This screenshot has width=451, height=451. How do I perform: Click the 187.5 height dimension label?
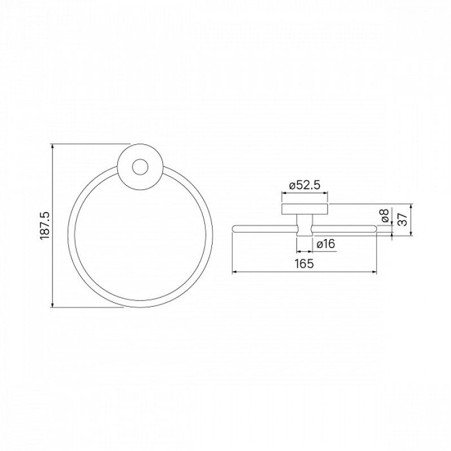click(x=45, y=225)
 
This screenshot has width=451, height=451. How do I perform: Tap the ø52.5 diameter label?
click(x=304, y=185)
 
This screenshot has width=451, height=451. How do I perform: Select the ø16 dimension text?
click(x=326, y=244)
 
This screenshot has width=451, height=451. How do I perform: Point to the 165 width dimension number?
click(x=304, y=263)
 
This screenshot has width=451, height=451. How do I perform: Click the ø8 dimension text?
click(x=384, y=215)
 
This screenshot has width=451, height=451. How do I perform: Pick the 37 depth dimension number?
click(x=403, y=219)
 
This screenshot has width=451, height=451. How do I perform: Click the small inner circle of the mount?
click(x=140, y=167)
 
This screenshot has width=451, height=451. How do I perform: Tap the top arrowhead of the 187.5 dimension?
click(x=52, y=146)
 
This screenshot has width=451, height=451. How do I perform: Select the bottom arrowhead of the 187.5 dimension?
click(x=52, y=304)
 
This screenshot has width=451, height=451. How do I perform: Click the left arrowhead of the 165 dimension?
click(x=235, y=272)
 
